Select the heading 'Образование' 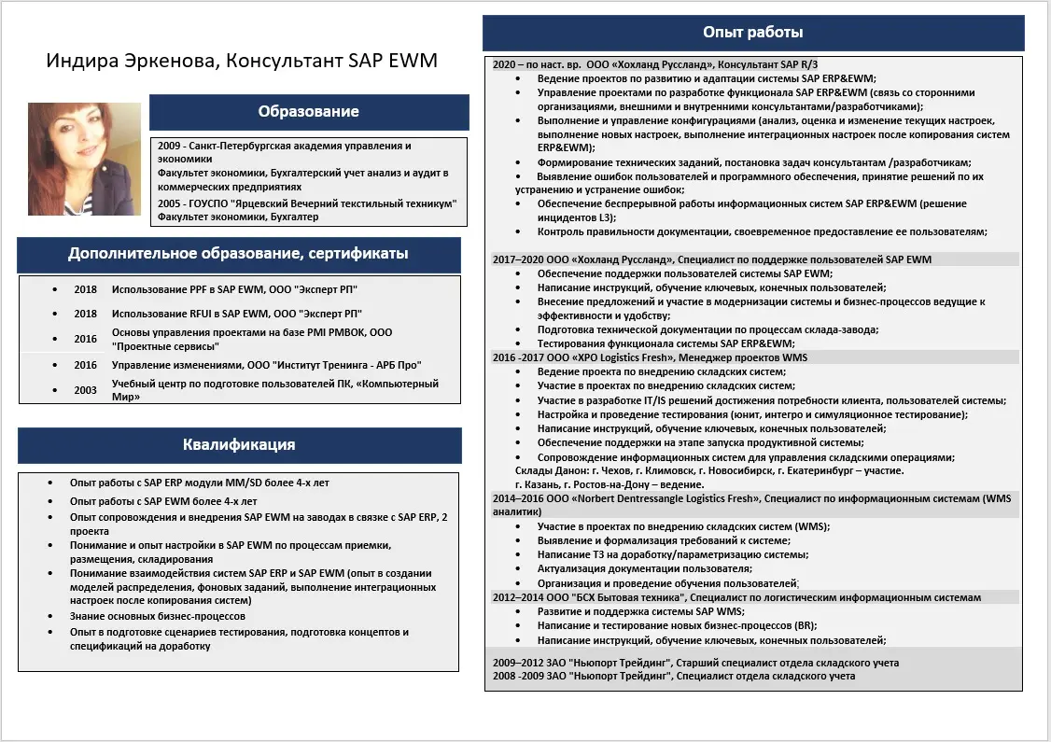tap(308, 112)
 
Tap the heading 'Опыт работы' tap(752, 33)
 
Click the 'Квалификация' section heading tap(239, 445)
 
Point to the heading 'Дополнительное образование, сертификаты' tap(238, 254)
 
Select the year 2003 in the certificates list tap(86, 390)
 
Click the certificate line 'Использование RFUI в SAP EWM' tap(236, 314)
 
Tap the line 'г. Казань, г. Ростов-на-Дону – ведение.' tap(611, 485)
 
